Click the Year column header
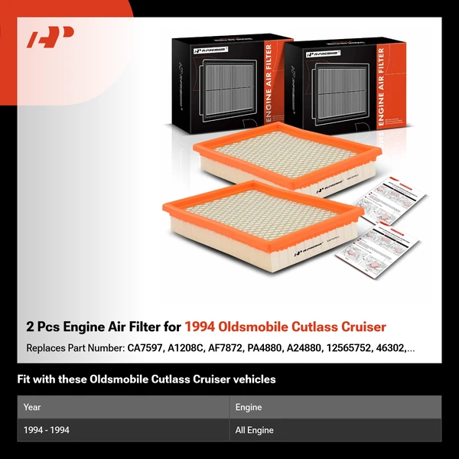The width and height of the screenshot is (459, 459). tap(32, 407)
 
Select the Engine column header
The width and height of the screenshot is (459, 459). tap(249, 407)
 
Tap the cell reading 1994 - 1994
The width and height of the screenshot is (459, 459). tap(46, 430)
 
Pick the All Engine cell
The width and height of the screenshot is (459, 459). tap(255, 430)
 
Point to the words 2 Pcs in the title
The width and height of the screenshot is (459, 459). tap(44, 327)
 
